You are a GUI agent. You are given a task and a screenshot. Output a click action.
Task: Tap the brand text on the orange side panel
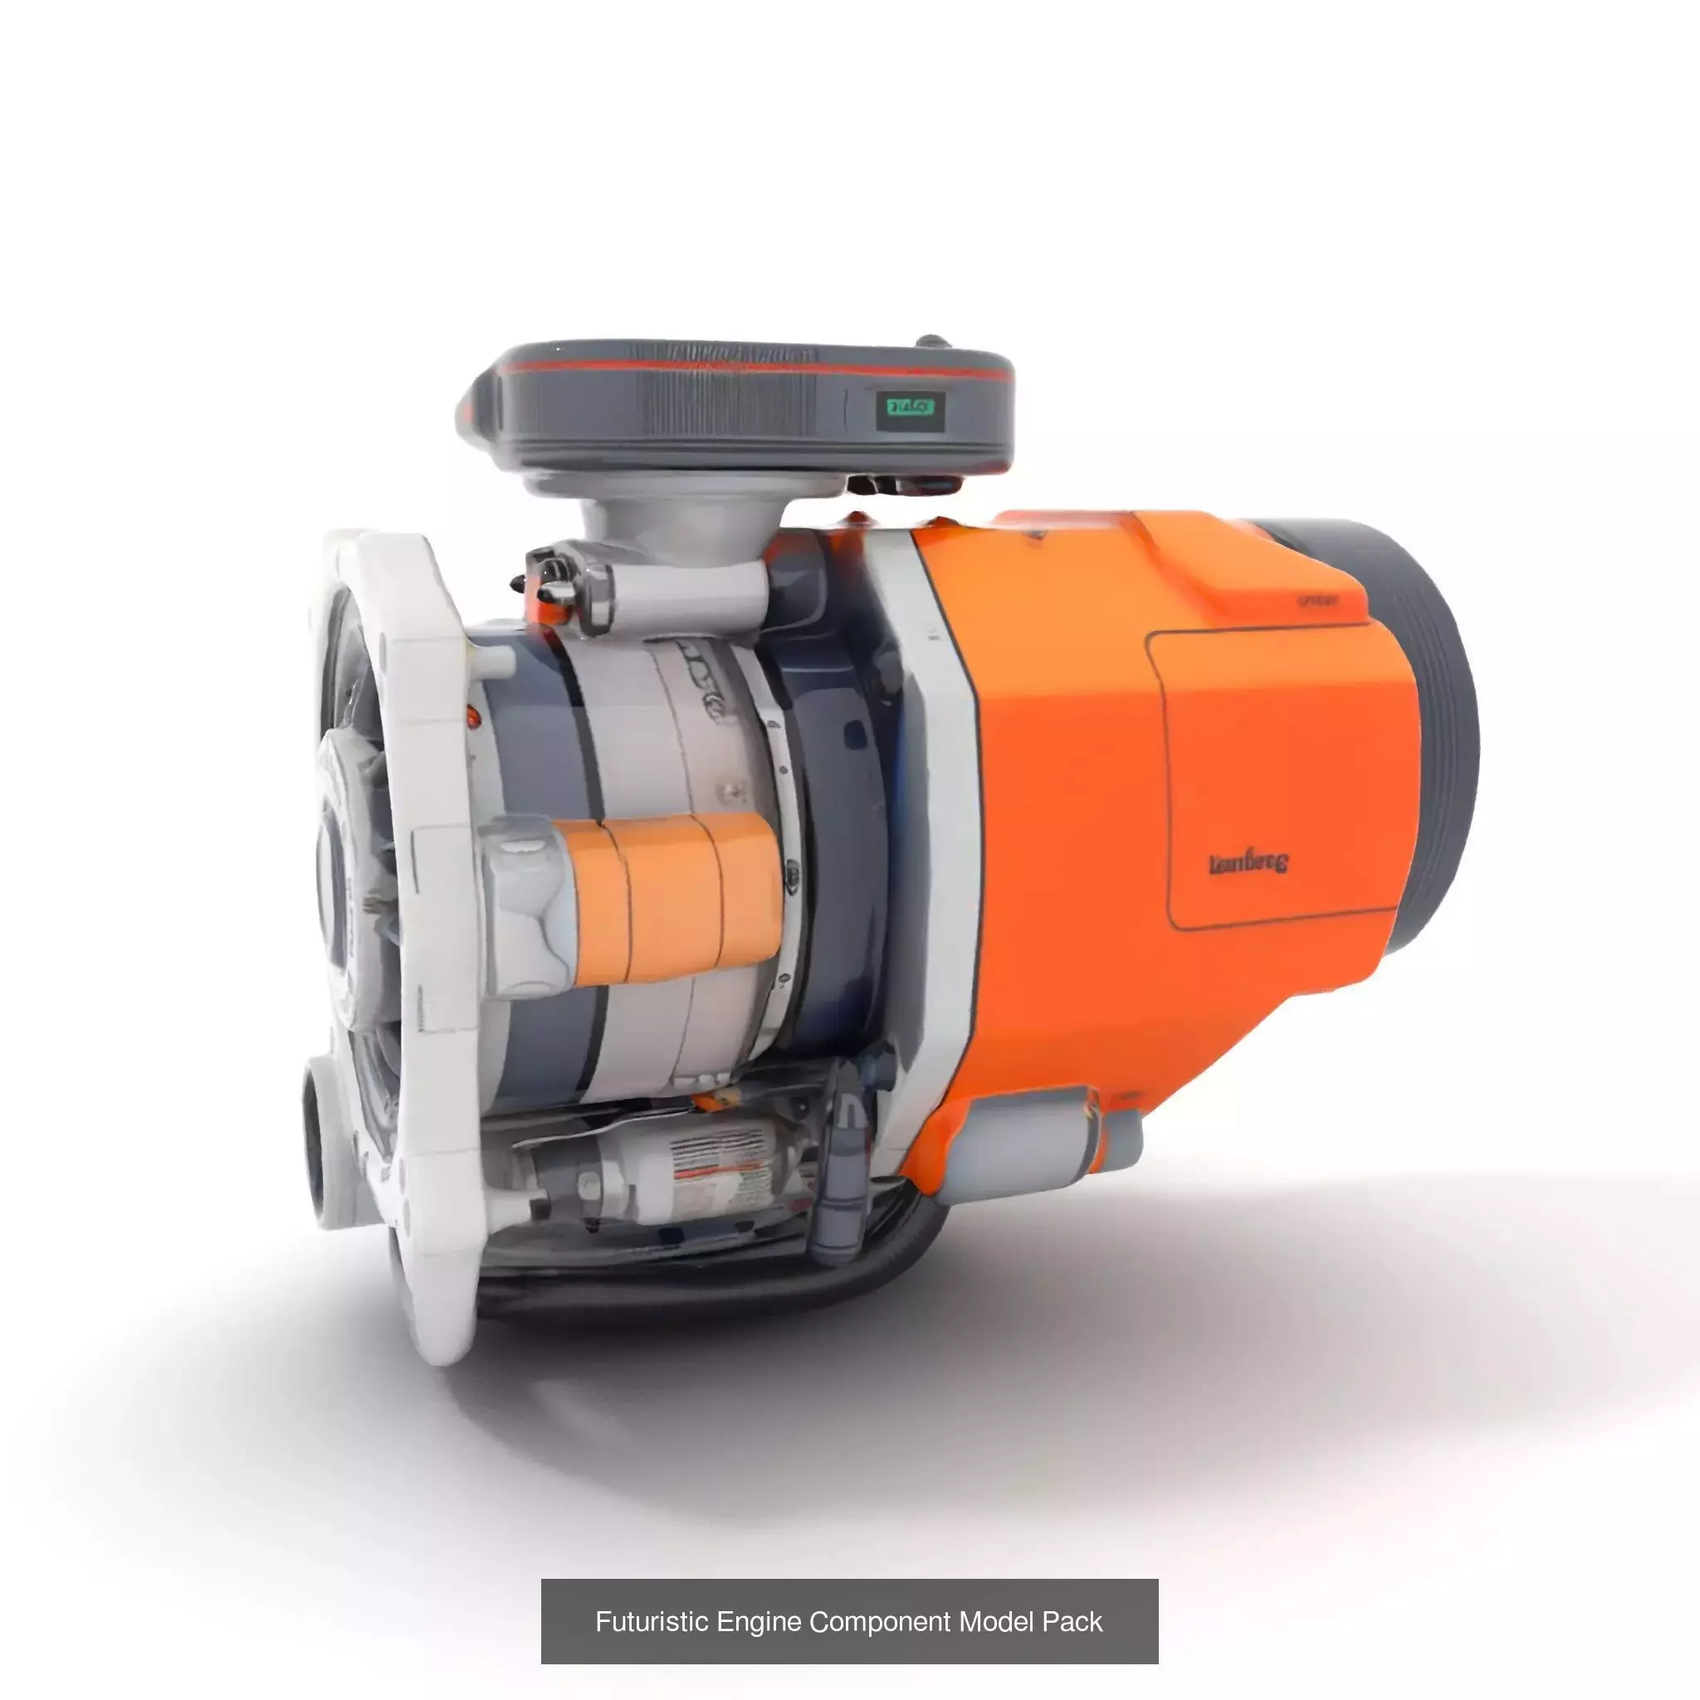1248,863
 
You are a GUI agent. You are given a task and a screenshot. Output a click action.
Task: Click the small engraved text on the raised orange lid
1317,601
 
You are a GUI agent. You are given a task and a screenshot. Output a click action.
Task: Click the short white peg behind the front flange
493,660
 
